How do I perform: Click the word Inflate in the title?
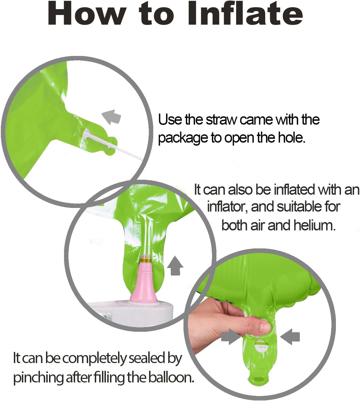tap(245, 14)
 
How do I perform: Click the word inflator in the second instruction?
tap(227, 207)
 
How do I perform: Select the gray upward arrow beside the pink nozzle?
tap(175, 266)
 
